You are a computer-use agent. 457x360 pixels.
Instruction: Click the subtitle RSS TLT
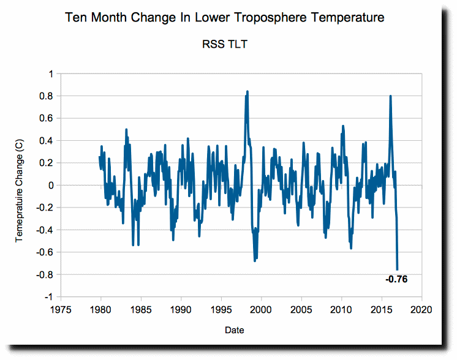[x=225, y=44]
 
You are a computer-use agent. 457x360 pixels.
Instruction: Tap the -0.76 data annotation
[x=396, y=280]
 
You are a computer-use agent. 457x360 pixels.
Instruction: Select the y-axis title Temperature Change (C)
[x=20, y=185]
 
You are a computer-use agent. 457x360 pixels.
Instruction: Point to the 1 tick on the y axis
[x=50, y=74]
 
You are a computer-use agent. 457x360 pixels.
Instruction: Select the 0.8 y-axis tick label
[x=47, y=96]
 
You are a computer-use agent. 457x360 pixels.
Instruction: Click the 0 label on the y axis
[x=50, y=185]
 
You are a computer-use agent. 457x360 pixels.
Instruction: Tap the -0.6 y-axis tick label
[x=46, y=252]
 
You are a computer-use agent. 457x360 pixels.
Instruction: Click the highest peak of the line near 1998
[x=247, y=92]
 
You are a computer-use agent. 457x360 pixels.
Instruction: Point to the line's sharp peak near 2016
[x=390, y=96]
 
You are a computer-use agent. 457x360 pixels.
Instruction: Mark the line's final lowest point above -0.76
[x=398, y=269]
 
